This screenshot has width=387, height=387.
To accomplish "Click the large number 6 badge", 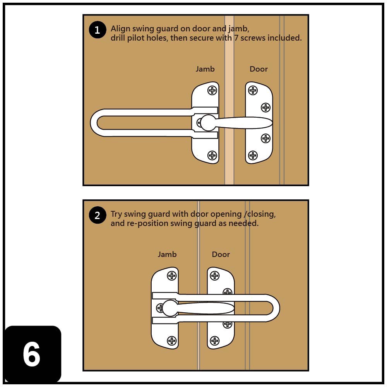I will coord(32,354).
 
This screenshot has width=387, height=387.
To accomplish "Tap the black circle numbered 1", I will coord(97,30).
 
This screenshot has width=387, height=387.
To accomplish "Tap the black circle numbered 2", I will coord(97,216).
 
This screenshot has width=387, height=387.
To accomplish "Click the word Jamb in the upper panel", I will coord(205,69).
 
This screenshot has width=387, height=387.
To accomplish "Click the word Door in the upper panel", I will coord(259,69).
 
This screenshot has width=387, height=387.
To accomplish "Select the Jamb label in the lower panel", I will coord(167,254).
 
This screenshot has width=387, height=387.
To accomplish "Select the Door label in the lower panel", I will coord(221,254).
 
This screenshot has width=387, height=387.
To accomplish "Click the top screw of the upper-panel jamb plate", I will coord(212,90).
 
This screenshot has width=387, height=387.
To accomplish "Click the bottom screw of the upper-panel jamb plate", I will coord(212,155).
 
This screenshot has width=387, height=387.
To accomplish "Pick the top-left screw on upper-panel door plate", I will coord(253,90).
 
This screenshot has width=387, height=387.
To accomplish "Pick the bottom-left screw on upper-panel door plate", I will coord(253,155).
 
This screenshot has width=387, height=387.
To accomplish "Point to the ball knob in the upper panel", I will coord(208,123).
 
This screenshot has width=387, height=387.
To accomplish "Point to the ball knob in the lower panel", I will coord(170,308).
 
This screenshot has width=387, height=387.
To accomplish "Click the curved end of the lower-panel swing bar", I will coord(276,308).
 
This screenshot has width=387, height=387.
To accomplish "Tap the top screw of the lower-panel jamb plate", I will coord(171,276).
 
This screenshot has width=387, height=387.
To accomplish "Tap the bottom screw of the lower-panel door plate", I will coord(214,341).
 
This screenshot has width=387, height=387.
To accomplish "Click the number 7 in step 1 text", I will coord(236,38).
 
